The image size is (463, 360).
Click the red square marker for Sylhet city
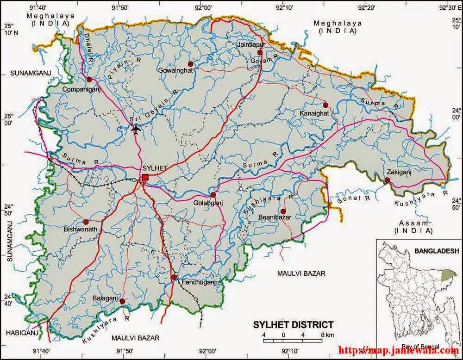(145, 177)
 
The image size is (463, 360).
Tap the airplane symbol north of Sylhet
(136, 129)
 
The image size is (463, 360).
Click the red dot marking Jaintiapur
(260, 52)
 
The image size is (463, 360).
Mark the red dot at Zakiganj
(387, 180)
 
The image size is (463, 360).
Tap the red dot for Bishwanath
(86, 222)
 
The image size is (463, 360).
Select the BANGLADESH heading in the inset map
(437, 250)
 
